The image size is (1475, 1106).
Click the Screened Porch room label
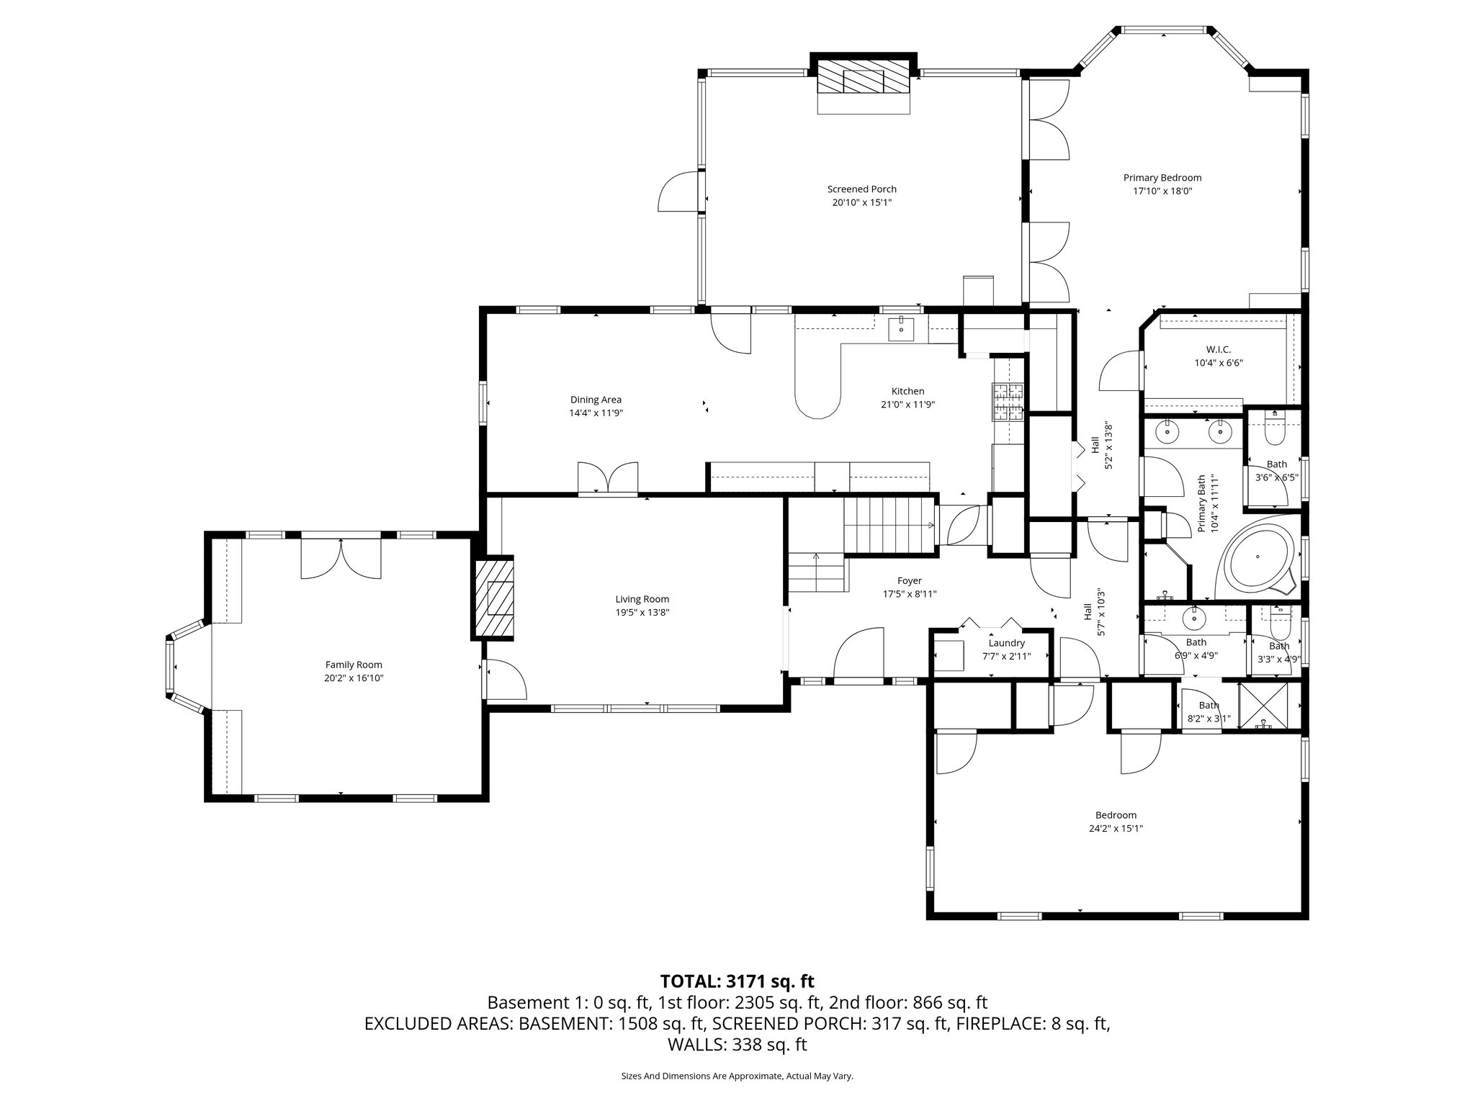[x=861, y=189]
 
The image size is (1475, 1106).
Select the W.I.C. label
[x=1218, y=349]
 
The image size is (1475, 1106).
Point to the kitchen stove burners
[x=1009, y=401]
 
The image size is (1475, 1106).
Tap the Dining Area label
[x=595, y=400]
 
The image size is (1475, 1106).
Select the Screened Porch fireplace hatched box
[x=864, y=75]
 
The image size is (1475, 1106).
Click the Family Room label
[x=353, y=665]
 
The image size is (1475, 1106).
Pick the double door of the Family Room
[x=341, y=559]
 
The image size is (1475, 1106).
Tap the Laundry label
[x=1006, y=643]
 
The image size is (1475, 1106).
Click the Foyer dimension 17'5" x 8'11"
[x=909, y=594]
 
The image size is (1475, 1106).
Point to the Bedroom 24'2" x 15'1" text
[x=1116, y=829]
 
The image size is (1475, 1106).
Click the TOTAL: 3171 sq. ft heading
[x=737, y=981]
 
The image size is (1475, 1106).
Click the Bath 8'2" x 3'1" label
[x=1209, y=711]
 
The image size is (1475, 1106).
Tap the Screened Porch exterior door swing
[x=678, y=192]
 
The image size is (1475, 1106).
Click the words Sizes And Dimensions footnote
[x=737, y=1076]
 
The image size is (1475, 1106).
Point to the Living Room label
[x=642, y=599]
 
